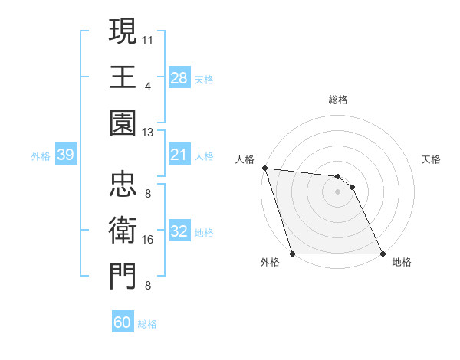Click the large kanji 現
point(123,31)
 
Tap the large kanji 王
point(123,77)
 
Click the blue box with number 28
point(179,78)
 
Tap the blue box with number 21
point(179,155)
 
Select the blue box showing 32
point(179,232)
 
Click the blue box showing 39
point(65,155)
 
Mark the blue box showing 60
point(123,322)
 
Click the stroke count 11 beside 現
point(148,38)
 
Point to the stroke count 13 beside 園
point(148,133)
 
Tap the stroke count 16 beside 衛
point(148,240)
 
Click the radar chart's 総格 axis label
point(338,100)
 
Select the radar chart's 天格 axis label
point(431,159)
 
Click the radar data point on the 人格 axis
point(264,168)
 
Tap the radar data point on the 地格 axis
point(383,254)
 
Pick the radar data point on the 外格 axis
point(293,254)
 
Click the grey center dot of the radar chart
point(338,191)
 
